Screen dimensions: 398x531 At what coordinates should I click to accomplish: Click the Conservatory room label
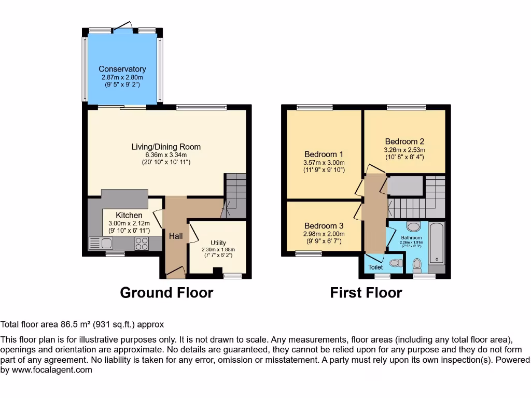tap(122, 69)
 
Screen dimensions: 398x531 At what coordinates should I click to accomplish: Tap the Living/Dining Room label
tap(166, 147)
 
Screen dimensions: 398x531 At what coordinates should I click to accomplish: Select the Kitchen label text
tap(129, 215)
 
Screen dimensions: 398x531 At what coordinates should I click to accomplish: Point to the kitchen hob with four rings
tap(142, 243)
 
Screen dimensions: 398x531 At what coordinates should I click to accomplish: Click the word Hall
tap(176, 236)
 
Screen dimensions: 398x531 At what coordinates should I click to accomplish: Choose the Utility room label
tap(218, 243)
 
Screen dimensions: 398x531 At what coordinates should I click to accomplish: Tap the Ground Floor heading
tap(166, 293)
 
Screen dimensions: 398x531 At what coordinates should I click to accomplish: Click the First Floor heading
tap(366, 293)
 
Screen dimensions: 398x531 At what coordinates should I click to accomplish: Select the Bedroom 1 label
tap(324, 154)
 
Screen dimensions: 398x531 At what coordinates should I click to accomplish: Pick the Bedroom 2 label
tap(404, 141)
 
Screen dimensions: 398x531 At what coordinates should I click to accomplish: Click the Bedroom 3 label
tap(324, 226)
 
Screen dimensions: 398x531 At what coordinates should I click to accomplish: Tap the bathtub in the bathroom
tap(437, 243)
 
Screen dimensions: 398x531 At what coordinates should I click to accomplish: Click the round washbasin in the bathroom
tap(413, 226)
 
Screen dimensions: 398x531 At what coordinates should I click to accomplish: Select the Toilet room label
tap(375, 267)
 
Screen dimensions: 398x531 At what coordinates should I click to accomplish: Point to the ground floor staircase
tap(235, 195)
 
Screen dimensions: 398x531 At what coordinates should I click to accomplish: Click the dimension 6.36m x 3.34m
tap(166, 154)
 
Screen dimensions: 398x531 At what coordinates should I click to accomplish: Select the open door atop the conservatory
tap(123, 25)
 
